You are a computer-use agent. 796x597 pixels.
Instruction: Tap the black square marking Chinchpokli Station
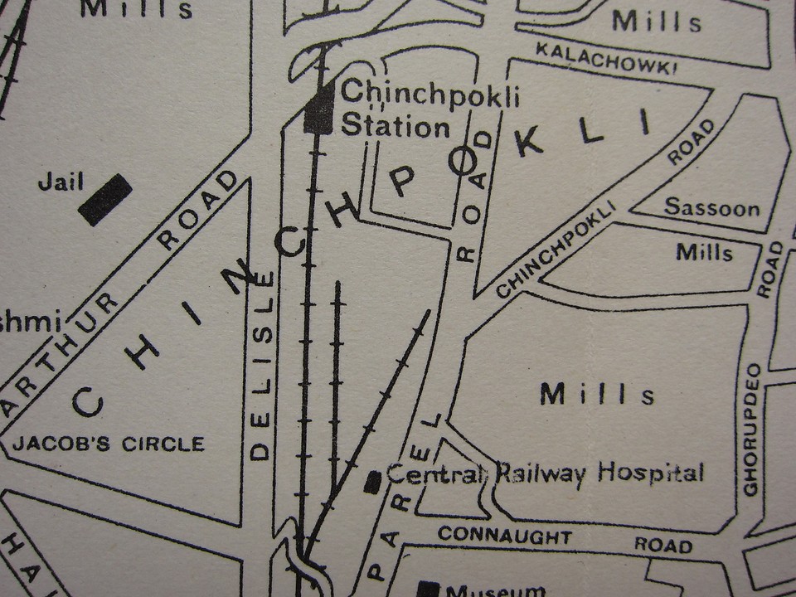[319, 110]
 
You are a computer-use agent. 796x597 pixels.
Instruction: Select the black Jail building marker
[105, 200]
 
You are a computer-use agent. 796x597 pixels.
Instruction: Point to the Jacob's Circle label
[109, 444]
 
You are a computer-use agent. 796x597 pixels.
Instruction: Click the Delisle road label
[261, 365]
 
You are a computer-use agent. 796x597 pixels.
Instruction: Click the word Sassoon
[712, 207]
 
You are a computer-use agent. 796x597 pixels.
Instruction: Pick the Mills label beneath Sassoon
[705, 251]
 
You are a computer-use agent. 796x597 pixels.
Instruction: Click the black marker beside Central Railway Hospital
[374, 480]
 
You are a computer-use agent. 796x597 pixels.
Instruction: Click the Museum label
[496, 590]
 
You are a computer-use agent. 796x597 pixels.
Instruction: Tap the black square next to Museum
[428, 589]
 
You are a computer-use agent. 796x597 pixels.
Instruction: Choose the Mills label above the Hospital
[597, 395]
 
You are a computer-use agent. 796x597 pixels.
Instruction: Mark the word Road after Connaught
[663, 545]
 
